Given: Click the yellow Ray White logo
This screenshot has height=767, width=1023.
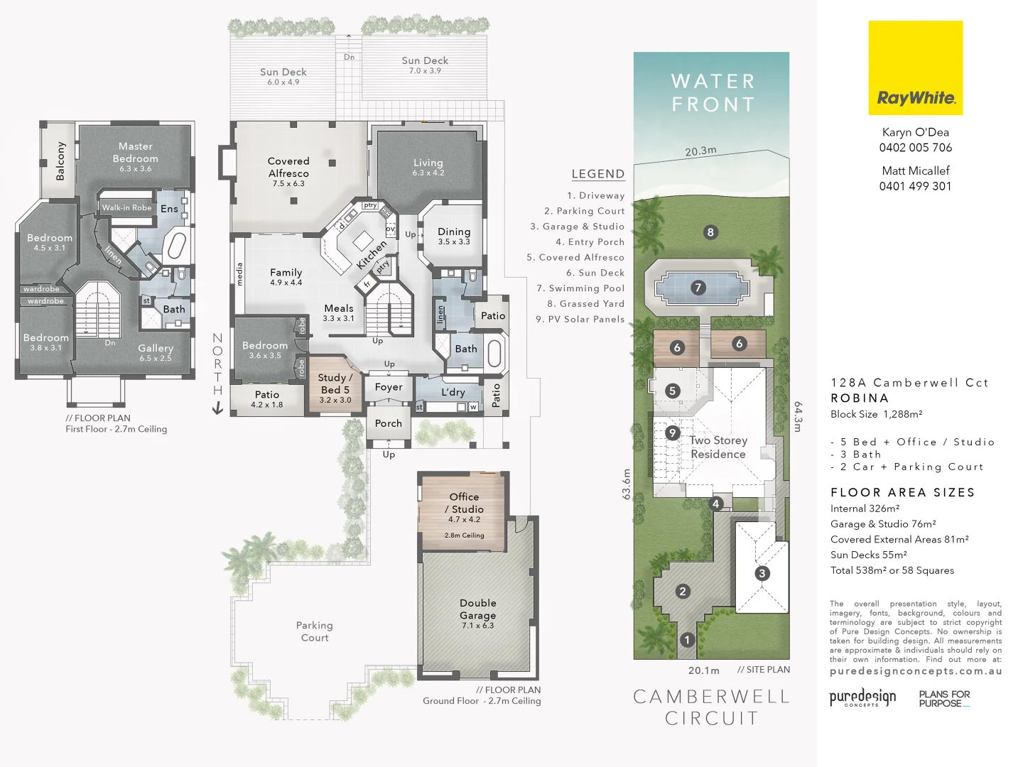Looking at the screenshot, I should [915, 68].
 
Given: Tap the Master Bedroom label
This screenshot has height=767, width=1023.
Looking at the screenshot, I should [135, 153].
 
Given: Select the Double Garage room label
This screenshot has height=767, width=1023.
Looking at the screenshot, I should [477, 609].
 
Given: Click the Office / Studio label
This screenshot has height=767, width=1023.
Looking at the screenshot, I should [464, 503].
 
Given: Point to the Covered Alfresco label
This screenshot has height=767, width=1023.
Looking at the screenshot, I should [288, 168].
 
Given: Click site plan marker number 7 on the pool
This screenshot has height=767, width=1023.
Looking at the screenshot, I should [698, 288].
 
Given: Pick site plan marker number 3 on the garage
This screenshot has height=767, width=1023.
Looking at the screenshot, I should [762, 573].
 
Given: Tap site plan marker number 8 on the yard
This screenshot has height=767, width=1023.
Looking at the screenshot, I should [710, 232].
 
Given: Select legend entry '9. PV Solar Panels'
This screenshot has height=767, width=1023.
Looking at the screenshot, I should [580, 320].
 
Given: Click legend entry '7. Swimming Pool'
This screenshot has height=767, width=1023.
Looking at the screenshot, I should [580, 288].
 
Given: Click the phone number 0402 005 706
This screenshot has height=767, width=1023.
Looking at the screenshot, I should [915, 148].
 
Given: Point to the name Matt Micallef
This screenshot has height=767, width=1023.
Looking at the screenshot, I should [915, 170].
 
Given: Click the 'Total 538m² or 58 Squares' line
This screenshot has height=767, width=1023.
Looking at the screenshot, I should [892, 570].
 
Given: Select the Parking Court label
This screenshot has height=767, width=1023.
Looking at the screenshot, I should [314, 631].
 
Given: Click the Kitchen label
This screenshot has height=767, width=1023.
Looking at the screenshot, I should [372, 254].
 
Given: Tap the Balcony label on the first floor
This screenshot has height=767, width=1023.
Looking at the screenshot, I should [60, 161].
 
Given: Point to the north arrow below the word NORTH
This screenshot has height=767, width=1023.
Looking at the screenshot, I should [217, 408].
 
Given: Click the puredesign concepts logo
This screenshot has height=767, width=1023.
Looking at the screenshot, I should [862, 697].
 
